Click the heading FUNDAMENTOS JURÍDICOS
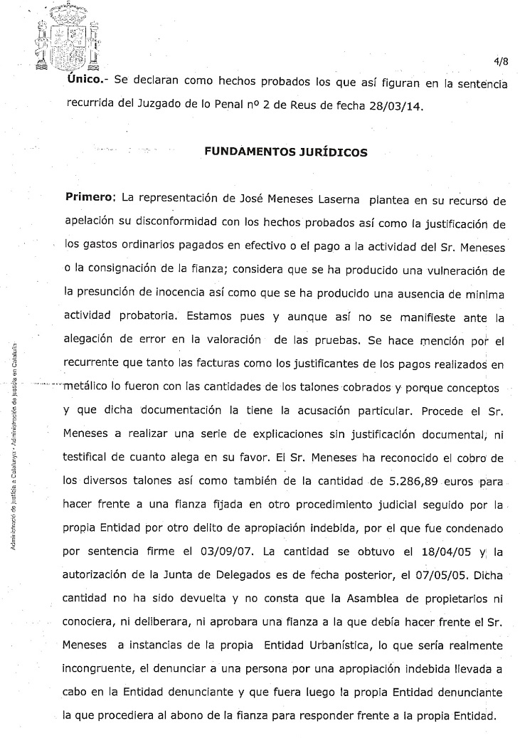pyautogui.click(x=286, y=152)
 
